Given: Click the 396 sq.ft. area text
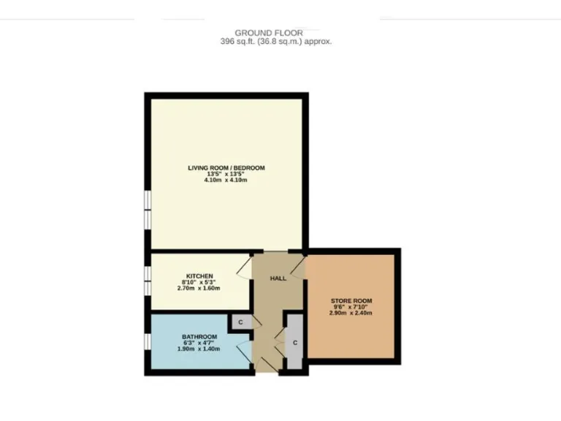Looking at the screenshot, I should [275, 42].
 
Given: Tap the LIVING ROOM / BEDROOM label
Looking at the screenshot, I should [226, 167].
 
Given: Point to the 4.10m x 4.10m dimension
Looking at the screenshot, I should [226, 180].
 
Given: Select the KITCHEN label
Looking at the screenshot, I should [199, 276].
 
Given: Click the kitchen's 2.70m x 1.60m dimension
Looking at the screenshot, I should [199, 288].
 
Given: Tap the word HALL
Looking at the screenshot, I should [278, 278].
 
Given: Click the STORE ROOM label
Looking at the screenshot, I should [351, 300].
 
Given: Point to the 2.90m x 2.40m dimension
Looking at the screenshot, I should [351, 313].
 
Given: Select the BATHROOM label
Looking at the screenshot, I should [199, 336].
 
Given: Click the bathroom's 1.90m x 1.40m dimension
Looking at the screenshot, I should [199, 349].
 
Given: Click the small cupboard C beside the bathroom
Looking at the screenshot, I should [241, 322].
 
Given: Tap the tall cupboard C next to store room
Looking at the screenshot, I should [294, 342].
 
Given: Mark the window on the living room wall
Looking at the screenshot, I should [147, 209].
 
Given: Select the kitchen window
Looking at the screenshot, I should [147, 281].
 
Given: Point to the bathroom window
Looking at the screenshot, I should [147, 341].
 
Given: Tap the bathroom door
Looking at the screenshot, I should [244, 349].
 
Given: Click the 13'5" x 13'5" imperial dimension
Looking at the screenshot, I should [226, 174].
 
